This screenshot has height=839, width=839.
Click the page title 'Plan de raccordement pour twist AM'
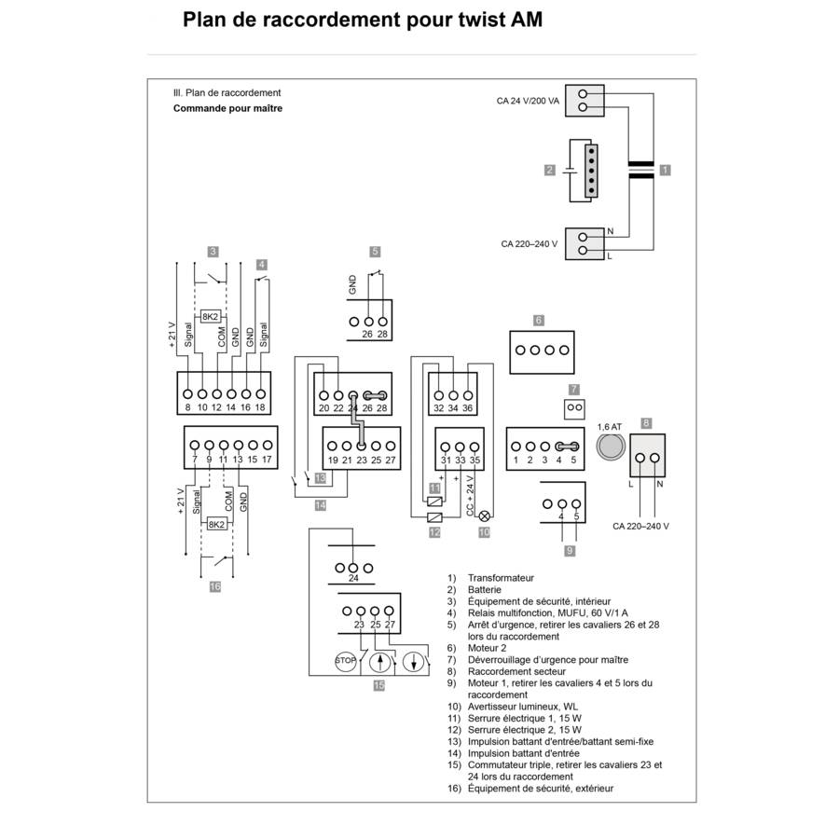[362, 21]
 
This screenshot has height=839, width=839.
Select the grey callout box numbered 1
[664, 170]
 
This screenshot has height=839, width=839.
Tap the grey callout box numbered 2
[550, 170]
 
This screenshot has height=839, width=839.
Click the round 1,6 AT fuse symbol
[609, 447]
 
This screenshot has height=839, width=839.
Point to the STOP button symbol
[345, 660]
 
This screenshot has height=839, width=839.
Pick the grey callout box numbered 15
[378, 685]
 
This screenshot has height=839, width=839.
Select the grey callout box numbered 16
[214, 587]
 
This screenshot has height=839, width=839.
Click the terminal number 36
[467, 408]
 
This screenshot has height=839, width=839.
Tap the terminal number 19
[333, 461]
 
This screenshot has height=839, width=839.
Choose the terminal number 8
[187, 407]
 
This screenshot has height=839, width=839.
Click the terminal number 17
[267, 461]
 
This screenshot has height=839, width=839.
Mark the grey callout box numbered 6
[539, 321]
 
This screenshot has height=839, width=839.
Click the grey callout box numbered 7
[574, 389]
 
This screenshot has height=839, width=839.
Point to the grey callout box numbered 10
[484, 532]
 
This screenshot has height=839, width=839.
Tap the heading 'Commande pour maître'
[227, 108]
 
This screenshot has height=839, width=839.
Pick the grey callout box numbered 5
[375, 251]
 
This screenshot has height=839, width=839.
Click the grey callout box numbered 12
[434, 532]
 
